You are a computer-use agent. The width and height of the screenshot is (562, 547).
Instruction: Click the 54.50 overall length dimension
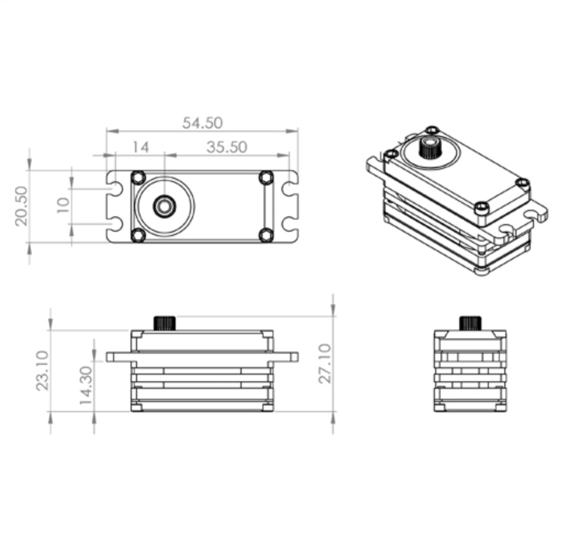click(x=202, y=123)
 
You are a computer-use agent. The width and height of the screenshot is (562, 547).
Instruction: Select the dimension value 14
click(x=140, y=147)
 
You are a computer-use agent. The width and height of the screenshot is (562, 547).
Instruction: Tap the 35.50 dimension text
click(x=227, y=147)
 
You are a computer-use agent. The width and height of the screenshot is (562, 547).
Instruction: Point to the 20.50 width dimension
click(x=22, y=206)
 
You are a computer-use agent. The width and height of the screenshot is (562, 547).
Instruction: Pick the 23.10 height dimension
click(x=43, y=370)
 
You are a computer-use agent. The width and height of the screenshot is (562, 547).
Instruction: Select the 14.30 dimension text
click(x=86, y=386)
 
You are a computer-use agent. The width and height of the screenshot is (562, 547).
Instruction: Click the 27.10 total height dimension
click(x=325, y=363)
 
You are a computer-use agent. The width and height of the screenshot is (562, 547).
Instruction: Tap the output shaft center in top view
click(x=164, y=206)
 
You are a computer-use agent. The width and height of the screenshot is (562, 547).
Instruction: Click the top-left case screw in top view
click(x=139, y=177)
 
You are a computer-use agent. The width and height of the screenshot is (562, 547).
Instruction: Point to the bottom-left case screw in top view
click(x=139, y=235)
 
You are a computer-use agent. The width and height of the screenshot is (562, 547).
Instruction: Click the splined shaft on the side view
click(x=165, y=322)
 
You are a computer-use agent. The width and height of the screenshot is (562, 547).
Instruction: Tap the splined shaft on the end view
click(x=470, y=323)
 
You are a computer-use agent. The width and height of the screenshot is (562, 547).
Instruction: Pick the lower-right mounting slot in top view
click(x=289, y=224)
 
